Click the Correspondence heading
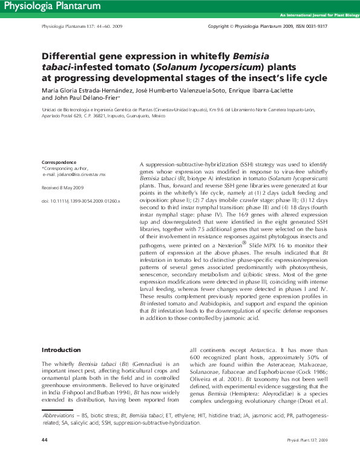coord(59,162)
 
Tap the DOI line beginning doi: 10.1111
coord(80,200)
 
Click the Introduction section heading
coord(61,350)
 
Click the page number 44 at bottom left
coord(44,456)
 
